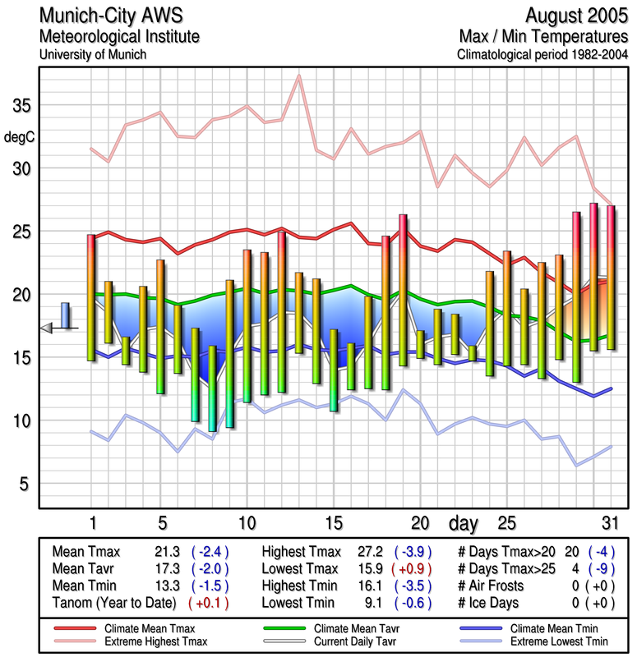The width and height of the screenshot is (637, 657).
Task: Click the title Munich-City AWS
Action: coord(111,16)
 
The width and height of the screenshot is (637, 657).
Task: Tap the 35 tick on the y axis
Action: coord(21,106)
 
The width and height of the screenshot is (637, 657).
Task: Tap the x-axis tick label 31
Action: coord(609,523)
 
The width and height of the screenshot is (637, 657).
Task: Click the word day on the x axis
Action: coord(463,522)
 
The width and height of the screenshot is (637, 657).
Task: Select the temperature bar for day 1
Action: coord(91,297)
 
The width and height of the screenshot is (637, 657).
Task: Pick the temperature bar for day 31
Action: coord(611,277)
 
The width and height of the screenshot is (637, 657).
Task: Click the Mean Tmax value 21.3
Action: coord(164,552)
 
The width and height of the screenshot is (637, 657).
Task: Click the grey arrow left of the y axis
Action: coord(47,328)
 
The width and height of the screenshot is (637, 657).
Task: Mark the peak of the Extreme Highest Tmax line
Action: coord(299,76)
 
